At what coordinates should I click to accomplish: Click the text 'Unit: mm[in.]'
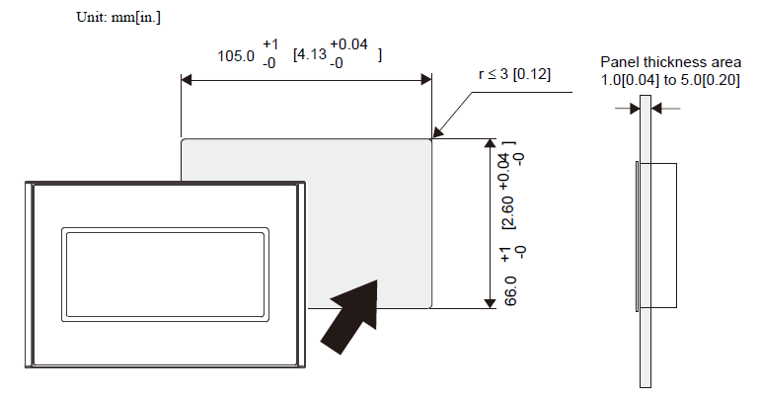tap(118, 18)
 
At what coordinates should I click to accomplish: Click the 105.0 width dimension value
tap(236, 56)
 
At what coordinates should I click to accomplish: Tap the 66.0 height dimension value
tap(510, 291)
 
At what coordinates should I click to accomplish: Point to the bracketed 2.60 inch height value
tap(509, 212)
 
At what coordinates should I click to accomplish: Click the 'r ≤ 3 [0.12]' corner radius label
tap(514, 74)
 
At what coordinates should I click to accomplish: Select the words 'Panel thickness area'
tap(670, 62)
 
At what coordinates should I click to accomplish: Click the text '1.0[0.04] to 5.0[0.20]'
tap(670, 80)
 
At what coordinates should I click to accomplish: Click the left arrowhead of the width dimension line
tap(187, 80)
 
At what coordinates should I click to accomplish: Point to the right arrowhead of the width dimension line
tap(426, 80)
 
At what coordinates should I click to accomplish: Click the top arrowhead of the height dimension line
tap(490, 144)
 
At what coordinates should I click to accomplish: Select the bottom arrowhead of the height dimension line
tap(490, 303)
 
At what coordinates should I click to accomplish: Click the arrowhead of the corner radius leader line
tap(436, 132)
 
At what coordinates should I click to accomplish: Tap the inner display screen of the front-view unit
tap(165, 275)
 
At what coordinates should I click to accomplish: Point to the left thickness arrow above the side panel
tap(628, 108)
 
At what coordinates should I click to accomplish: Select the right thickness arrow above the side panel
tap(665, 108)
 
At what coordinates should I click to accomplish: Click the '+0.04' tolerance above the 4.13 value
tap(349, 44)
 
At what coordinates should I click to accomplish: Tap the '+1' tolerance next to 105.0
tap(270, 44)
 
